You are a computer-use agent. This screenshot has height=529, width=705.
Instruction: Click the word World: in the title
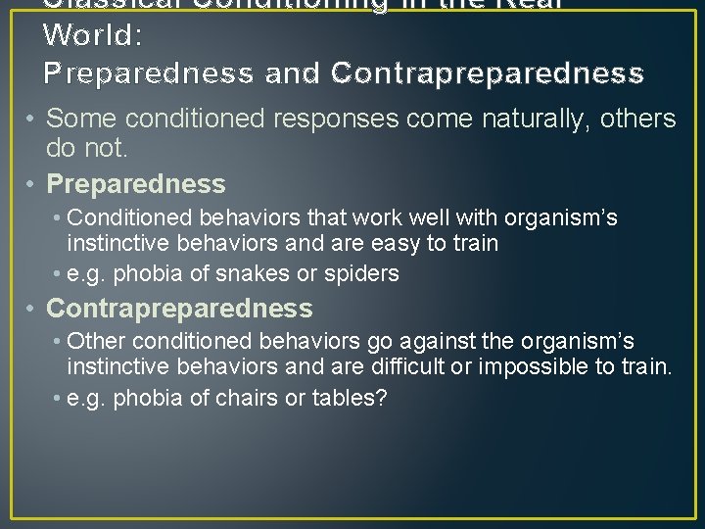[x=93, y=35]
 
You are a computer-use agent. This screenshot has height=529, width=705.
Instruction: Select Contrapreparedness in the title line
[x=488, y=73]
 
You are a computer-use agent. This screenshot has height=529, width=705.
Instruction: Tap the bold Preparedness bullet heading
[x=136, y=184]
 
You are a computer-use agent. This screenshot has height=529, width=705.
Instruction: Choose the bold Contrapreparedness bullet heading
[x=179, y=309]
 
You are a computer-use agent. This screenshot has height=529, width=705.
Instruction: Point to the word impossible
[x=535, y=367]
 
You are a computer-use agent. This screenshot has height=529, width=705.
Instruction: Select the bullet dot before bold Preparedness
[x=33, y=184]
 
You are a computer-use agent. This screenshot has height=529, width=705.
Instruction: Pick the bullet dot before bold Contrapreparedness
[x=33, y=309]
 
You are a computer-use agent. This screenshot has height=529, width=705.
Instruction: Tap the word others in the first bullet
[x=637, y=120]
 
